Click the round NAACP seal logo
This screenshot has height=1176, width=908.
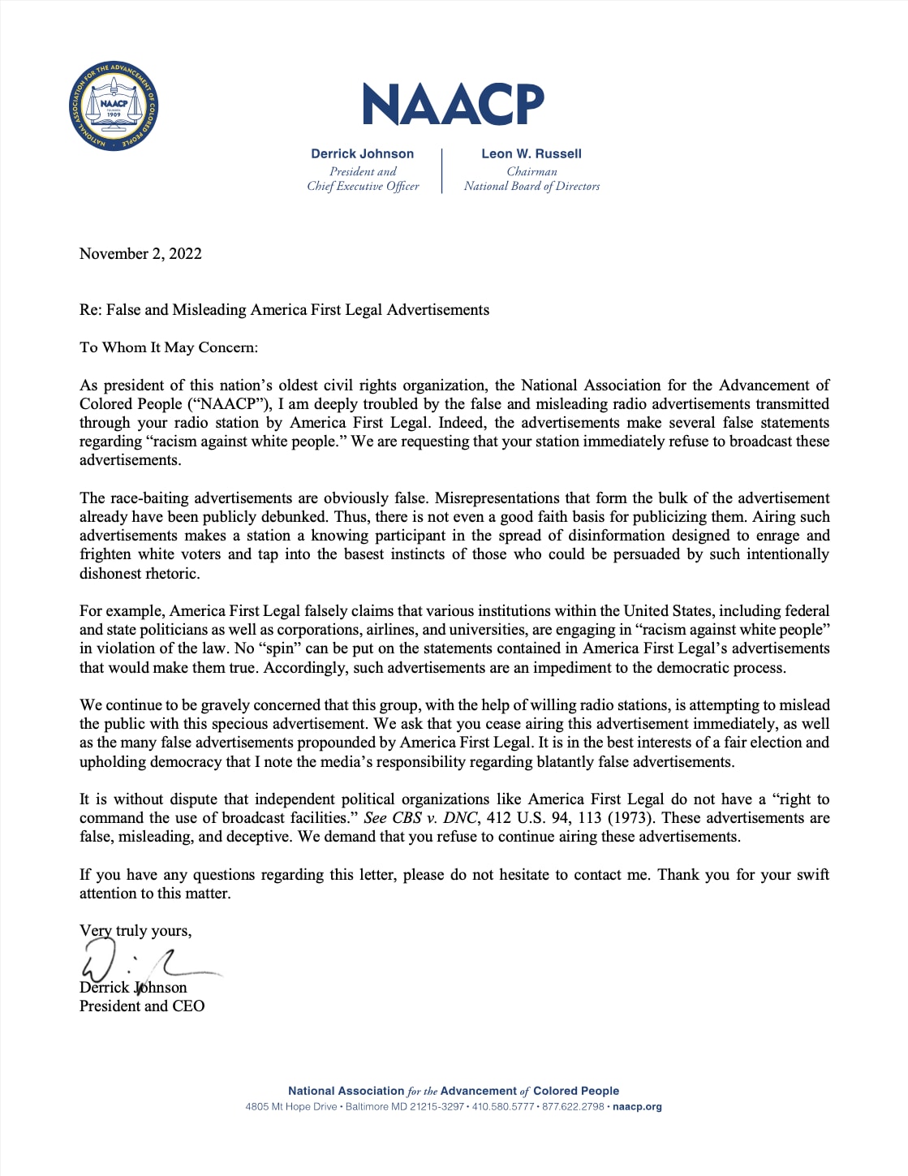click(x=114, y=106)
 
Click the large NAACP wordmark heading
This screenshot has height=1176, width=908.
click(x=453, y=104)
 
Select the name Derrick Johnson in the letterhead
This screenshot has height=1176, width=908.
click(x=362, y=153)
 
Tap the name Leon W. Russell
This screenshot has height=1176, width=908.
click(x=531, y=153)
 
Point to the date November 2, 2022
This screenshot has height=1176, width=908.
click(x=140, y=253)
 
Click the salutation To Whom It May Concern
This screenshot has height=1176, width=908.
click(x=169, y=347)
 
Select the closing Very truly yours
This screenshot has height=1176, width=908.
click(x=136, y=931)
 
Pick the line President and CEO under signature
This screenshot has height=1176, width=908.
click(x=142, y=1006)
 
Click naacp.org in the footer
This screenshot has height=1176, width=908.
click(x=637, y=1106)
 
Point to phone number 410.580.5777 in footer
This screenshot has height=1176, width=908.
click(x=502, y=1106)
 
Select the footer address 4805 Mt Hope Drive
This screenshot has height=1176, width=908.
click(x=291, y=1106)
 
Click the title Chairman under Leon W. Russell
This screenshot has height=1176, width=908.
click(x=531, y=171)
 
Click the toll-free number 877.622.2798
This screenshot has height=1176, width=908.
click(x=573, y=1106)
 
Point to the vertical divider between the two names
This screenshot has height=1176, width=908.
click(x=442, y=170)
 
